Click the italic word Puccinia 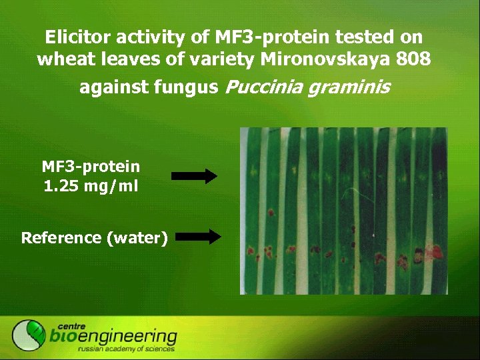264,87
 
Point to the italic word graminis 348,87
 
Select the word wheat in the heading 60,59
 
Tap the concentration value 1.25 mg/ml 91,186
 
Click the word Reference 60,237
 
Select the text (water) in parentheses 136,237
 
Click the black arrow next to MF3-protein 195,176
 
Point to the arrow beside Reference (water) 201,235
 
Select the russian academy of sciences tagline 126,349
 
